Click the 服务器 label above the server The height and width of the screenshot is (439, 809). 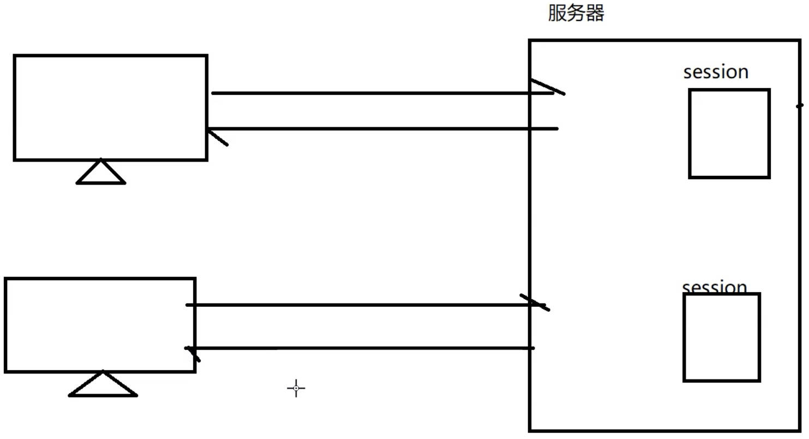576,13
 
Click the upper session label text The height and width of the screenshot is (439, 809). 716,72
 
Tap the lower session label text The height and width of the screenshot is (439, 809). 714,287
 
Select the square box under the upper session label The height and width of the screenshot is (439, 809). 729,134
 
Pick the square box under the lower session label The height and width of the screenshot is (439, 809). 722,337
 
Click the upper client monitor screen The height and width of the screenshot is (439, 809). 110,108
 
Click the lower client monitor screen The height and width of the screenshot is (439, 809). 100,325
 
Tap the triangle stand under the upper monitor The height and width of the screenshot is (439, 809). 101,173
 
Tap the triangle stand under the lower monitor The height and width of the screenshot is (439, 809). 103,385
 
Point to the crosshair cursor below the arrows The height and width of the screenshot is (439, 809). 296,388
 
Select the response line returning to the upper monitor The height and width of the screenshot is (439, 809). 382,129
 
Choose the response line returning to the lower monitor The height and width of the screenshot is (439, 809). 360,348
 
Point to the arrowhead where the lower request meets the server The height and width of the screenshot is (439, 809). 535,302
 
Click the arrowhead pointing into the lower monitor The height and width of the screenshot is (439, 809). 193,353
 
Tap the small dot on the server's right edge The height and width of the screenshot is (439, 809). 799,105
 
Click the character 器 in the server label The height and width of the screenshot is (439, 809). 595,13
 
